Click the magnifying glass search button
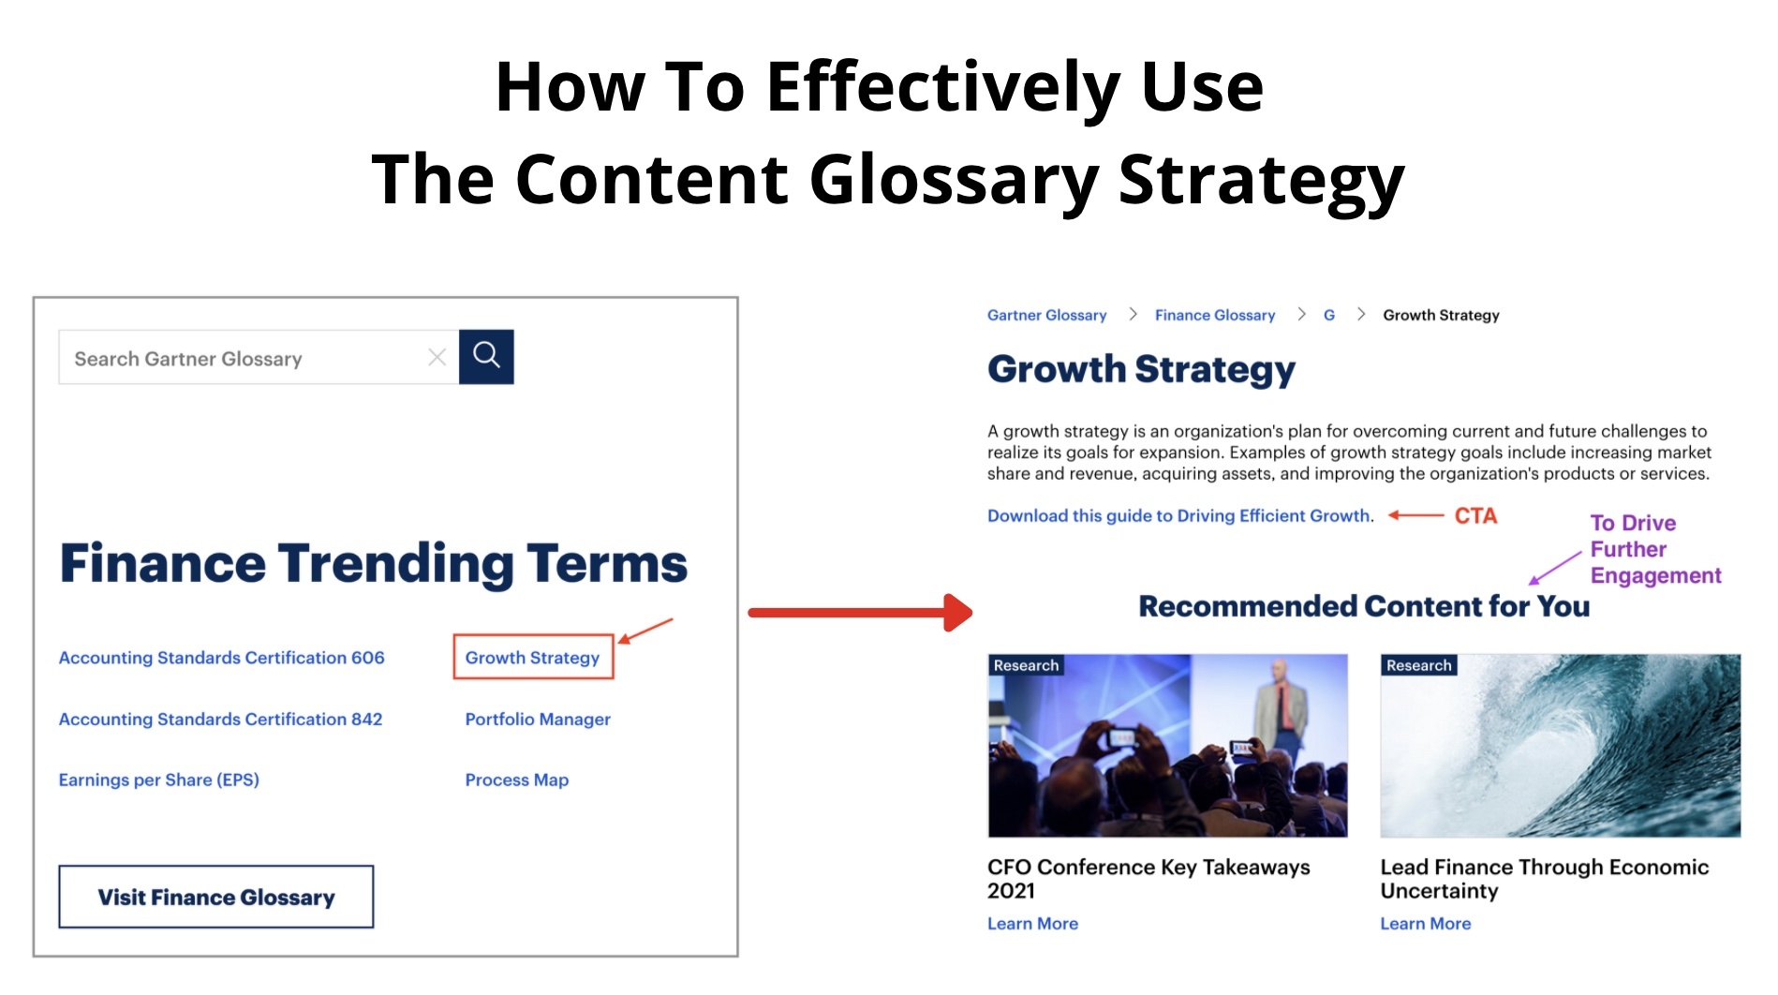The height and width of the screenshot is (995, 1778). pyautogui.click(x=486, y=356)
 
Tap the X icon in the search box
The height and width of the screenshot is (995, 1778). pyautogui.click(x=437, y=357)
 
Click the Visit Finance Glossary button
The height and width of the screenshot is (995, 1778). pyautogui.click(x=216, y=897)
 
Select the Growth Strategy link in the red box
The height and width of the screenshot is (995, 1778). pyautogui.click(x=532, y=658)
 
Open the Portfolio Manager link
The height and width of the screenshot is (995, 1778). pyautogui.click(x=538, y=719)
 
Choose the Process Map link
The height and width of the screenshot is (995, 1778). pyautogui.click(x=517, y=780)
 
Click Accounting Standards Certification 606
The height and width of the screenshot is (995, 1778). pyautogui.click(x=221, y=658)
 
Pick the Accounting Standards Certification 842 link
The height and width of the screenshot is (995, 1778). pyautogui.click(x=220, y=719)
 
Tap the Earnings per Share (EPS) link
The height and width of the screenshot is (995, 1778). pyautogui.click(x=158, y=780)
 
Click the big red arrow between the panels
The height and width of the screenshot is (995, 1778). pyautogui.click(x=860, y=613)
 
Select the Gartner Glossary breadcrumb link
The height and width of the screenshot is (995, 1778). pyautogui.click(x=1046, y=315)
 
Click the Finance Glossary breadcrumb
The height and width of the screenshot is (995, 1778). pyautogui.click(x=1215, y=315)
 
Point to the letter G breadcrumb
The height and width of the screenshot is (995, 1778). pyautogui.click(x=1328, y=315)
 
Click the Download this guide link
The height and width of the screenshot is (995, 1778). pyautogui.click(x=1180, y=515)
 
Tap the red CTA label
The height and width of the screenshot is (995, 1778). pyautogui.click(x=1475, y=515)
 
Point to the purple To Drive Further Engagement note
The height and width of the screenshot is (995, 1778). pyautogui.click(x=1655, y=549)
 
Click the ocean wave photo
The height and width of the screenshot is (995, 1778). pyautogui.click(x=1561, y=746)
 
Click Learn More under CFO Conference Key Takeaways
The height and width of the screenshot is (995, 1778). pyautogui.click(x=1032, y=924)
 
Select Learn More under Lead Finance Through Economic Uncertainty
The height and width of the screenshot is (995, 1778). pyautogui.click(x=1426, y=924)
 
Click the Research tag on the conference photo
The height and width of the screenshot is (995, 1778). pyautogui.click(x=1026, y=665)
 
